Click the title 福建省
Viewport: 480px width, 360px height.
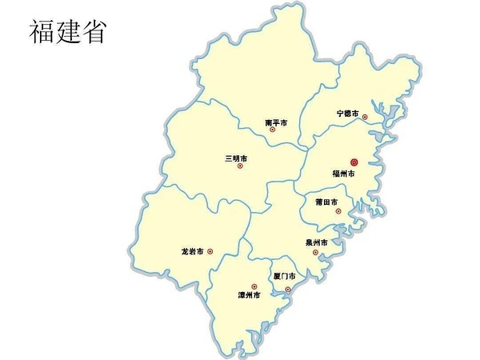point(69,32)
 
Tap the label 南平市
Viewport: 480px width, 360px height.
point(276,122)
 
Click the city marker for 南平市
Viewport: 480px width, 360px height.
point(273,130)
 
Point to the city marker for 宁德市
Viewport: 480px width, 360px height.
point(365,117)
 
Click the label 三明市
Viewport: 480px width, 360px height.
point(236,158)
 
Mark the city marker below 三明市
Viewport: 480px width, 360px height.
point(239,166)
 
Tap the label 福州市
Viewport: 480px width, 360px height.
point(343,173)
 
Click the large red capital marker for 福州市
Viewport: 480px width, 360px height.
point(354,162)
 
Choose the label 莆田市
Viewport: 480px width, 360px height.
point(326,202)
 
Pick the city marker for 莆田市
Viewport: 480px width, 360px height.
point(338,211)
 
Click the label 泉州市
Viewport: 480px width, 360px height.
point(317,242)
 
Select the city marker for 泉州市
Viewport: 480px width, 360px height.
point(315,252)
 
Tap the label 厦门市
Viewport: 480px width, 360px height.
point(285,276)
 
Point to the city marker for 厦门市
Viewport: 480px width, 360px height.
point(288,288)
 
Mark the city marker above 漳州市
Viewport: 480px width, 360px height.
point(254,286)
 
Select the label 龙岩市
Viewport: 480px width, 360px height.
point(192,251)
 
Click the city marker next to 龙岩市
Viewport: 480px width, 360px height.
point(210,251)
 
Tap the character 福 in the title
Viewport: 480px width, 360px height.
point(43,32)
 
